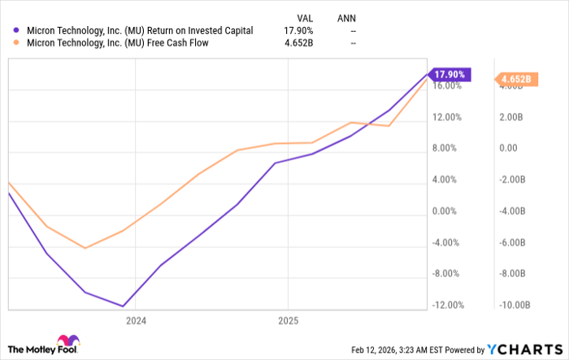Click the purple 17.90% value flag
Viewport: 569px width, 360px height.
click(x=450, y=74)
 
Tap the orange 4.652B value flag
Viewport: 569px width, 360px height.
click(x=515, y=79)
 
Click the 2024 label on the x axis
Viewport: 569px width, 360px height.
click(x=135, y=321)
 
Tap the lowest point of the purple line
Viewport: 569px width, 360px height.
click(x=123, y=306)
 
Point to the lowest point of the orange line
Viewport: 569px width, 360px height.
click(x=85, y=248)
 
